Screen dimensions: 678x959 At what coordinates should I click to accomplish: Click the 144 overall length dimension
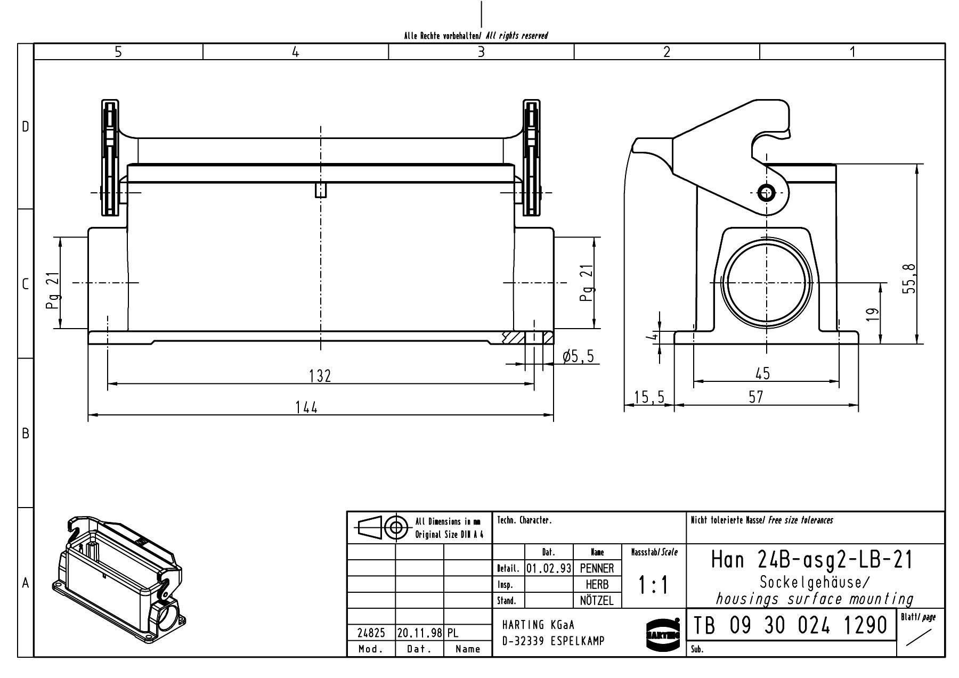(x=306, y=407)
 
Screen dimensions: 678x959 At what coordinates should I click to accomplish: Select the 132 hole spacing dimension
(x=320, y=376)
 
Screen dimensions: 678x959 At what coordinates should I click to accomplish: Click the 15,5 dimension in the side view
(x=649, y=397)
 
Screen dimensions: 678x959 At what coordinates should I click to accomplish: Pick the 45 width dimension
(x=762, y=373)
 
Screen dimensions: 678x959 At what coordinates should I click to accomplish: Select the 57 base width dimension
(x=755, y=397)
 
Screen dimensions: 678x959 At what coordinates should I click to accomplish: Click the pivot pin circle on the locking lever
(x=766, y=193)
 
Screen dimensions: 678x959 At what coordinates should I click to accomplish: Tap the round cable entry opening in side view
(x=766, y=283)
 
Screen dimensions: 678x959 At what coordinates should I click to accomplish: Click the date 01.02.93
(x=548, y=568)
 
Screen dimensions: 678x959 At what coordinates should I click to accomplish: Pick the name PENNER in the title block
(x=597, y=568)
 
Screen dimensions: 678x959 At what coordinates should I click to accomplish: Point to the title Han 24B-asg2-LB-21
(x=812, y=560)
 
